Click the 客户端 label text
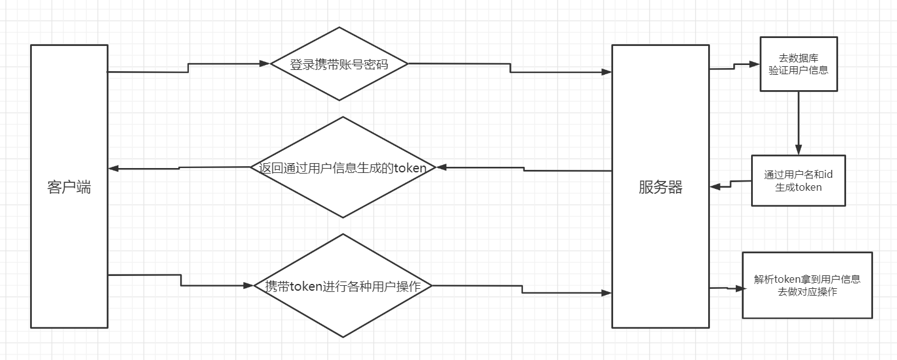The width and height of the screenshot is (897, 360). click(x=69, y=187)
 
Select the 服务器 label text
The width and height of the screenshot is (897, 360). click(x=660, y=187)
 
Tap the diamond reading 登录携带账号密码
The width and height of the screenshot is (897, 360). click(x=339, y=64)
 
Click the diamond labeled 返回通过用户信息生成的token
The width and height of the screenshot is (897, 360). click(x=343, y=167)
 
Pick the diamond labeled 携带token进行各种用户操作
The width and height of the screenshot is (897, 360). click(x=343, y=286)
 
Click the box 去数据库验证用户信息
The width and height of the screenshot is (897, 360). click(x=798, y=64)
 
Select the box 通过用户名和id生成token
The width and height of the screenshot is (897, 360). click(x=798, y=180)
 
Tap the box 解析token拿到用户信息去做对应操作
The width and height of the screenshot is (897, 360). click(x=807, y=285)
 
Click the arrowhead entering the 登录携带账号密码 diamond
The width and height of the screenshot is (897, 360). click(x=265, y=63)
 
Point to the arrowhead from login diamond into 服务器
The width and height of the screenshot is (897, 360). click(x=606, y=72)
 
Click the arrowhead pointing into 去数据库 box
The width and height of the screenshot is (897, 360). click(x=755, y=63)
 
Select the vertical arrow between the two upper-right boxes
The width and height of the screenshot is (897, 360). click(x=798, y=123)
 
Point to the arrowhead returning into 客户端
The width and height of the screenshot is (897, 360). click(x=113, y=169)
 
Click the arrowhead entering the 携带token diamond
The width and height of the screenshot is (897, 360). click(x=249, y=285)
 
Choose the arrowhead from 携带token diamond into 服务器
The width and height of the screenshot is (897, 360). click(x=606, y=293)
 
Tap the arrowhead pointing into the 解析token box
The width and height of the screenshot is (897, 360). click(x=738, y=288)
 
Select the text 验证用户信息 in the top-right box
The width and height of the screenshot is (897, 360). click(x=798, y=70)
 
